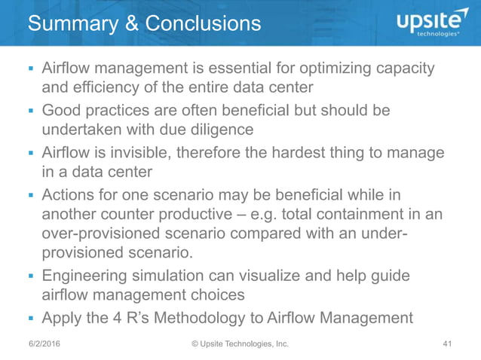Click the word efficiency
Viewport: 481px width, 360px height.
pos(99,87)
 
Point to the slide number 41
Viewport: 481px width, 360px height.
pos(447,345)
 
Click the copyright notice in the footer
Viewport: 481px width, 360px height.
pos(240,345)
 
